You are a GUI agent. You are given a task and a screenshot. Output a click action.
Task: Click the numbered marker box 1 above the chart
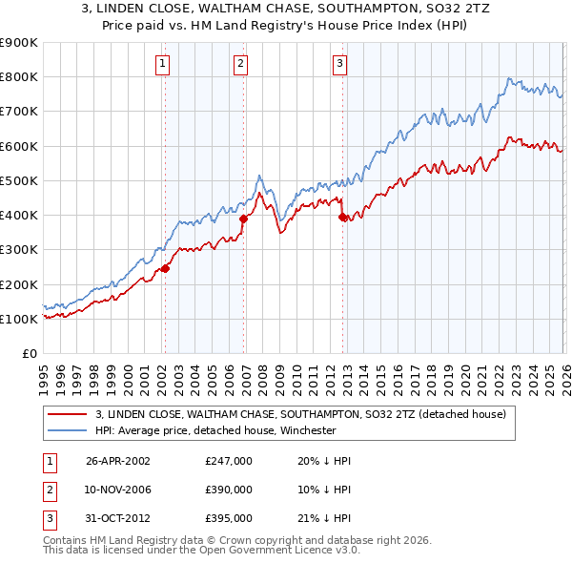164,64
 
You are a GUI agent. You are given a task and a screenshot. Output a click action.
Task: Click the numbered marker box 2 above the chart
240,64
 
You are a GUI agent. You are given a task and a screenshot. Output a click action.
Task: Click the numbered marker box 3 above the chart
340,64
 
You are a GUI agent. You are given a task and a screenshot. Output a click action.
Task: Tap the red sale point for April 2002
165,268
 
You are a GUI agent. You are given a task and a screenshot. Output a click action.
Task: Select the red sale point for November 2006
243,219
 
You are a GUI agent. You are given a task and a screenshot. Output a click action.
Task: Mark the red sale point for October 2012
342,217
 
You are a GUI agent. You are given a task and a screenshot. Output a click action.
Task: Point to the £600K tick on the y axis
19,146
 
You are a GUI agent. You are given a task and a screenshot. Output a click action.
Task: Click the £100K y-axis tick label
19,319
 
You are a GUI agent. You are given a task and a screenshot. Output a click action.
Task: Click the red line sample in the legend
68,414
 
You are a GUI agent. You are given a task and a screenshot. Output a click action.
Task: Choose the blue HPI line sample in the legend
68,430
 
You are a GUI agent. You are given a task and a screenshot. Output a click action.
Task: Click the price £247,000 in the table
228,460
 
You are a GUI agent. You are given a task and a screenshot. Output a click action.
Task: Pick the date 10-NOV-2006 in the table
118,490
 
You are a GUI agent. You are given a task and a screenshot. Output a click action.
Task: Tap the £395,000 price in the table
228,519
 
